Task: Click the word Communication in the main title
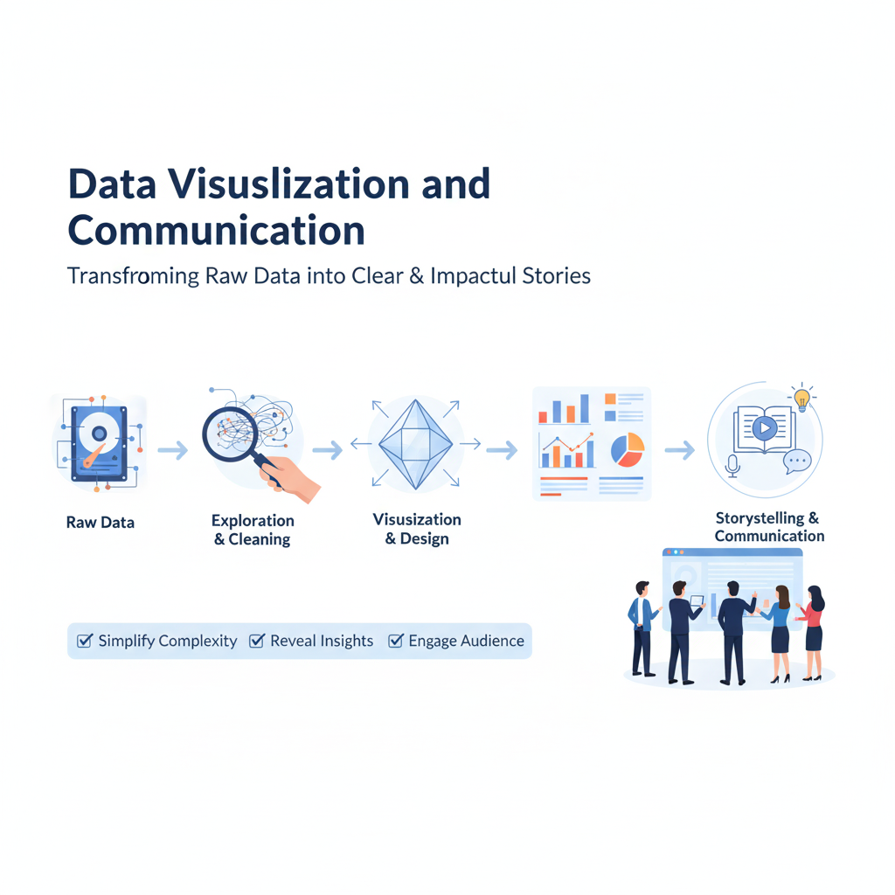[217, 231]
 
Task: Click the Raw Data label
[101, 523]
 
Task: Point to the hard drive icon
[100, 443]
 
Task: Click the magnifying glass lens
[228, 433]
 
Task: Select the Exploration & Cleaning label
[253, 530]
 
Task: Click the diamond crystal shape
[415, 444]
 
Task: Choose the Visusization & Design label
[417, 529]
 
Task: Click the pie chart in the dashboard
[628, 450]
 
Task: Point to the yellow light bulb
[802, 399]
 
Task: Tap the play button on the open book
[765, 427]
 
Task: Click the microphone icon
[733, 466]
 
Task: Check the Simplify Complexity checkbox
[85, 641]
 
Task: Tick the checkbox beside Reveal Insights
[257, 641]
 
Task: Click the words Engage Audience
[467, 641]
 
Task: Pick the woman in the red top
[813, 633]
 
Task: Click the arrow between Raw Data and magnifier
[173, 450]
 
